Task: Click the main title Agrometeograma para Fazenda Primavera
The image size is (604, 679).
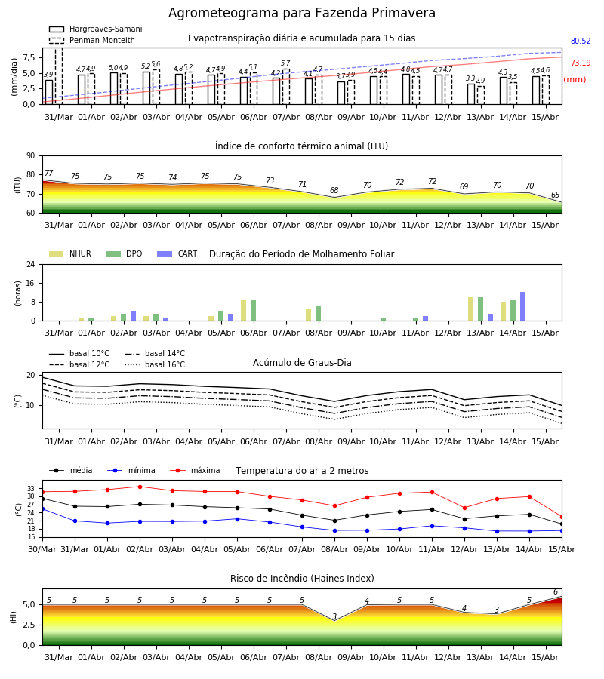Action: coord(301,13)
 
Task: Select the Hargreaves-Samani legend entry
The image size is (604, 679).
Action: coord(96,29)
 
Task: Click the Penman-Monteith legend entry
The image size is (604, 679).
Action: coord(92,40)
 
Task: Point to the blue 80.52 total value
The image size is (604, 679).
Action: coord(581,41)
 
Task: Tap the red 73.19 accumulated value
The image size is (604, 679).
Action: coord(581,63)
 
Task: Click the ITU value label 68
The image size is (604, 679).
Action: coord(334,190)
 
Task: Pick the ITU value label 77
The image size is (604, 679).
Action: coord(48,174)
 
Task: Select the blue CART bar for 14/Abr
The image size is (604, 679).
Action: coord(523,306)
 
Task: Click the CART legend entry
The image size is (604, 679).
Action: coord(177,253)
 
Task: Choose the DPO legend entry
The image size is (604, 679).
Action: coord(124,253)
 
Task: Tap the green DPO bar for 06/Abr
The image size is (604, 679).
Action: coord(254,310)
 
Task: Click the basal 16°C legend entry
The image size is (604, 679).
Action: coord(155,364)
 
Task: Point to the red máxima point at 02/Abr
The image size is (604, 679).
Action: coord(140,487)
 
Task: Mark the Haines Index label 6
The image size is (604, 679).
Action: coord(556,592)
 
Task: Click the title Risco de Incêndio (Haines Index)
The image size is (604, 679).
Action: coord(302,579)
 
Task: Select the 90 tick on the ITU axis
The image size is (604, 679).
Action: coord(31,156)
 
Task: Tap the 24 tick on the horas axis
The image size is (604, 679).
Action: coord(31,264)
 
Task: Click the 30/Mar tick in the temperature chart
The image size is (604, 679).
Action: coord(42,549)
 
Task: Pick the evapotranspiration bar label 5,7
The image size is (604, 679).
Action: coord(285,63)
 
